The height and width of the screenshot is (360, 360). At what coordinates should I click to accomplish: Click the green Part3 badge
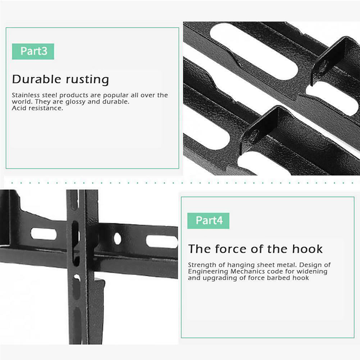(33, 51)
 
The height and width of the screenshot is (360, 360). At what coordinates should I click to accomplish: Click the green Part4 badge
(208, 220)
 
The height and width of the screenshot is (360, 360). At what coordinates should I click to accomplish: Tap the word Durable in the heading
(36, 79)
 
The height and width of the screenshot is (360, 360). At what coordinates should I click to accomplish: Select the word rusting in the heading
(87, 80)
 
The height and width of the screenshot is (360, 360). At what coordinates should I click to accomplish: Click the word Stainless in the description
(26, 95)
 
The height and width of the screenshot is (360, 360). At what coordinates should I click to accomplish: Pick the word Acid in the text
(18, 108)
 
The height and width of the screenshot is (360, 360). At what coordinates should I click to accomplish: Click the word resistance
(44, 108)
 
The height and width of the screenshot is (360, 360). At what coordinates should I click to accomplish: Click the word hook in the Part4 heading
(307, 249)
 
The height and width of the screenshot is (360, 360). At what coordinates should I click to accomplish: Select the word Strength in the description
(202, 265)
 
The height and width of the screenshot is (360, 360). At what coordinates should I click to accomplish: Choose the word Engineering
(208, 272)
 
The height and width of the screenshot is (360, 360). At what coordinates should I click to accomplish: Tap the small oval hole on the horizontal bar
(117, 239)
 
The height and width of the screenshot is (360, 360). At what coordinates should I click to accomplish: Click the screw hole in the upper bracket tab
(323, 66)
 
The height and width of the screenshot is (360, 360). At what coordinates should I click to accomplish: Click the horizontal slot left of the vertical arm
(44, 234)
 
